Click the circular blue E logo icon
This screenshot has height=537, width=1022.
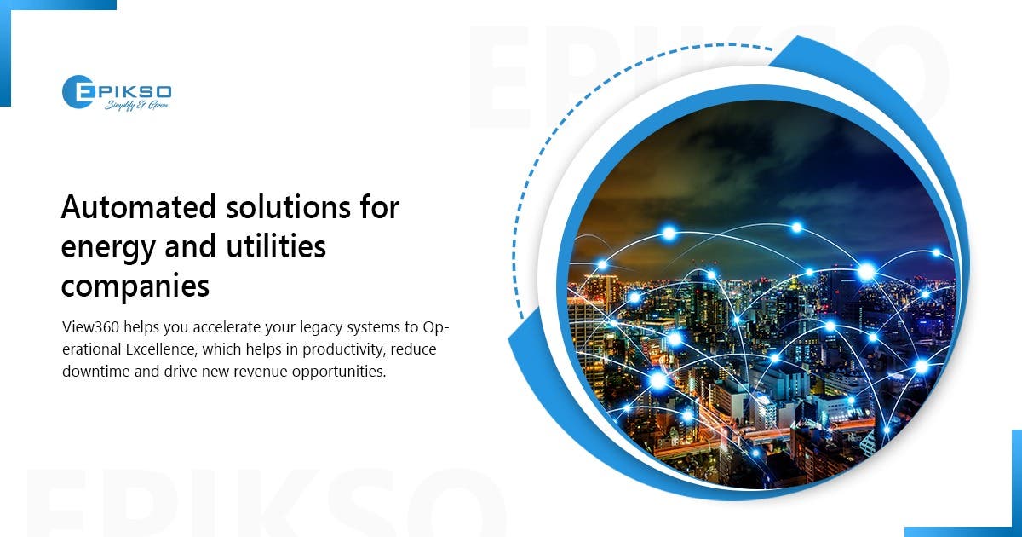click(78, 92)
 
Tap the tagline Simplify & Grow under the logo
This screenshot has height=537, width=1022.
click(137, 106)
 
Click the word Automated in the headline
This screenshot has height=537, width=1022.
click(138, 207)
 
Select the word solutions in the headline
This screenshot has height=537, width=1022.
click(289, 207)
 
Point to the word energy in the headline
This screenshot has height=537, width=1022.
click(108, 248)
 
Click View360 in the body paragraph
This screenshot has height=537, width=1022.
click(91, 327)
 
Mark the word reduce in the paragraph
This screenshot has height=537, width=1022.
click(413, 349)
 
